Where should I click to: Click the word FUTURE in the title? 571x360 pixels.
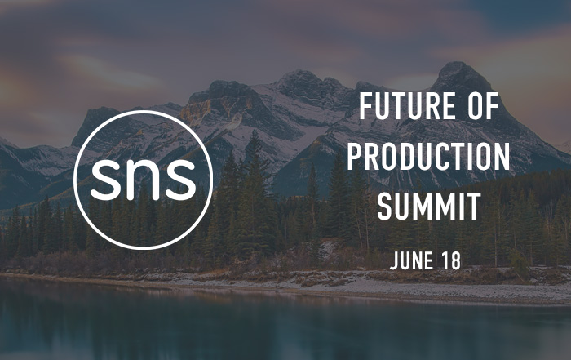click(x=407, y=106)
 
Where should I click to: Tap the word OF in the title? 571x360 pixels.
click(x=483, y=106)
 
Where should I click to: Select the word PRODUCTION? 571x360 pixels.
click(x=428, y=156)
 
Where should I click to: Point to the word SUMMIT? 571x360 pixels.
click(x=428, y=207)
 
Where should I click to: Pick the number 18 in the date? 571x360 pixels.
click(x=451, y=260)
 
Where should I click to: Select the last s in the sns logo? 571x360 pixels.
click(x=181, y=179)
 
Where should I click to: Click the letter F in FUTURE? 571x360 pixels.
click(x=366, y=106)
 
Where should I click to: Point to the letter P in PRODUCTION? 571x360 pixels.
click(x=355, y=156)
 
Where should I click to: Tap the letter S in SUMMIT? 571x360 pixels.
click(x=385, y=207)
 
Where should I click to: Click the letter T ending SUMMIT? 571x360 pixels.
click(x=473, y=207)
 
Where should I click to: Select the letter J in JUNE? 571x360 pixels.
click(x=394, y=261)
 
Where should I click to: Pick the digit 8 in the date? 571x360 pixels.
click(x=455, y=260)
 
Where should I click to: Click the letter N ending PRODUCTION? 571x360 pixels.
click(x=502, y=156)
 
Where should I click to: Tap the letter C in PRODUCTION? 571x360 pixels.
click(x=449, y=156)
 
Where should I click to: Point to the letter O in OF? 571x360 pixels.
click(x=476, y=106)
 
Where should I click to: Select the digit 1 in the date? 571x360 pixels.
click(x=445, y=261)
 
